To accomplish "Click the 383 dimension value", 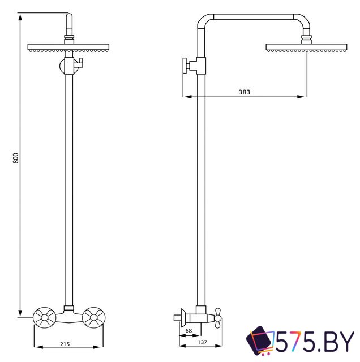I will point(244,91).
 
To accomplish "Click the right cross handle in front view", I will point(93,318).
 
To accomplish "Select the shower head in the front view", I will point(68,49).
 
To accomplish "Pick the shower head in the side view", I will point(306,48).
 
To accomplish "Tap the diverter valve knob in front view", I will point(79,64).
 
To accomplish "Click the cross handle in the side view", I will point(216,318).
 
